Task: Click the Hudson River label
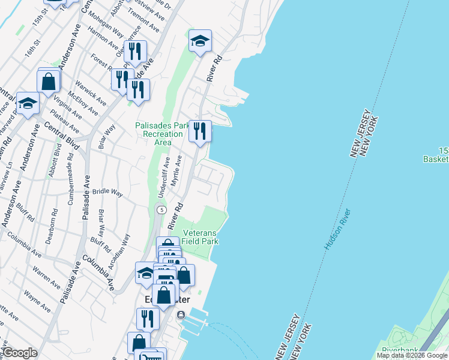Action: [x=337, y=229]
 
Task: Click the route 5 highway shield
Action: [x=161, y=209]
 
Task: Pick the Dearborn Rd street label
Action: [x=52, y=225]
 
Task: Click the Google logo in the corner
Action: [x=19, y=353]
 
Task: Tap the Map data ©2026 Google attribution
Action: [x=412, y=355]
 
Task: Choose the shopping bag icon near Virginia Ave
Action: [x=49, y=80]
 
